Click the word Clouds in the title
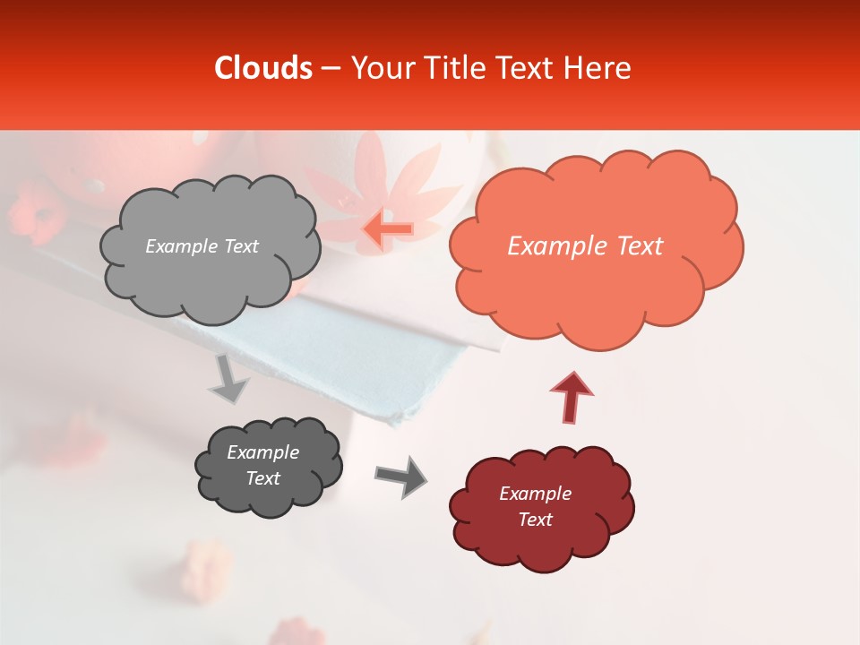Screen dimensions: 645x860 coord(263,68)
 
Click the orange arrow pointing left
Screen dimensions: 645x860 coord(387,229)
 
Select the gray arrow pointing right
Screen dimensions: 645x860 coord(400,476)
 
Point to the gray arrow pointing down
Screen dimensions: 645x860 coord(229,380)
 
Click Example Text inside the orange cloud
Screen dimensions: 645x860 coord(585,246)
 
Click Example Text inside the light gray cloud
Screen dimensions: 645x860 coord(202,246)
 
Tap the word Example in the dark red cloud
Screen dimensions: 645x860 coord(535,494)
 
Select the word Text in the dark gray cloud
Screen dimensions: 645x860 coord(263,478)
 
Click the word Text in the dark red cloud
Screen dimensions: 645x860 coord(535,520)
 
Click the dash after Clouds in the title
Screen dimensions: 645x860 coord(331,68)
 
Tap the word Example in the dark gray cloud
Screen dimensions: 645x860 coord(263,452)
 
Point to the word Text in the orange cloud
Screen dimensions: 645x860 coord(634,246)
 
